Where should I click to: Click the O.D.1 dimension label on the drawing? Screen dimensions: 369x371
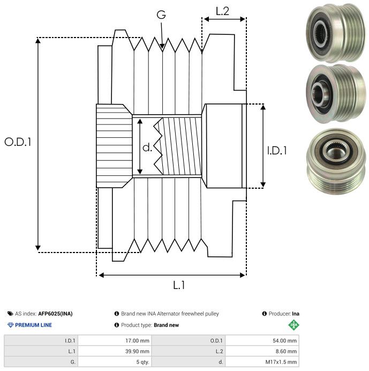pos(18,142)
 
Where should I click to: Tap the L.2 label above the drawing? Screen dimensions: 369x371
pos(222,11)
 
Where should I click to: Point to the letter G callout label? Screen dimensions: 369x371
pos(161,14)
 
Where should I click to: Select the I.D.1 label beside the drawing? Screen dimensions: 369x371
pos(277,151)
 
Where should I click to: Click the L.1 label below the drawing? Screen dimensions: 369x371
pos(179,285)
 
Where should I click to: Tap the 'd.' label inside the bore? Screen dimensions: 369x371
pos(147,147)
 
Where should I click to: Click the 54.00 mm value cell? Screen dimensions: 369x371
pos(262,340)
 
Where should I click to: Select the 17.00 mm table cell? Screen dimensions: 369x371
pos(115,340)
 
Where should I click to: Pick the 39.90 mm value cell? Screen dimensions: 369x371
pos(115,351)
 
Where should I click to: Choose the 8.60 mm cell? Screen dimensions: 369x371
pos(262,351)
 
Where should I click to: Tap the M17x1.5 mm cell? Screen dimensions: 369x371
pos(262,362)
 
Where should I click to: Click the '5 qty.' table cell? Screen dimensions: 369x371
pos(115,362)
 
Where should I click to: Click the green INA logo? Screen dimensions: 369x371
pos(294,325)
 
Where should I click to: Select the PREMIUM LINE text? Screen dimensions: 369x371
pos(33,325)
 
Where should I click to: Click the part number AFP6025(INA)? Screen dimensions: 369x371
pos(55,314)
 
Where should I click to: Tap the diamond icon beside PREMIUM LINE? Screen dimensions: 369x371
pos(10,325)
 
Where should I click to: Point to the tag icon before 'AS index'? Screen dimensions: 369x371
pos(10,314)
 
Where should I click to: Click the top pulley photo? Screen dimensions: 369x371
pos(336,33)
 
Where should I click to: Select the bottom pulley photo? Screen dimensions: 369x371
pos(336,161)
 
